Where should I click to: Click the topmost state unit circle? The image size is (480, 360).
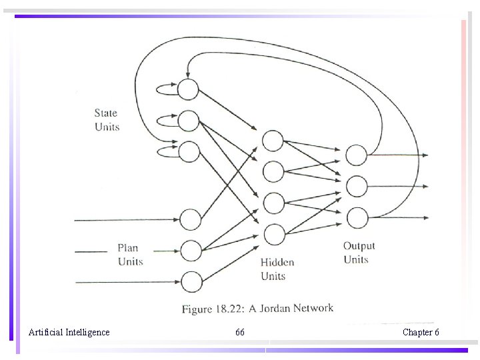[x=189, y=88]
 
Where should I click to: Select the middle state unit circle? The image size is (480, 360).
[x=189, y=120]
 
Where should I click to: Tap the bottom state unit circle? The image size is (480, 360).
[x=189, y=151]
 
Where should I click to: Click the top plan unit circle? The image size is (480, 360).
[x=191, y=219]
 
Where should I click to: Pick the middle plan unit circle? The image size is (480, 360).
[x=191, y=251]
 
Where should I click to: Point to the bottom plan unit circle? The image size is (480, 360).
[x=191, y=282]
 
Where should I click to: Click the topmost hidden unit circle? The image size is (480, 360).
[x=273, y=141]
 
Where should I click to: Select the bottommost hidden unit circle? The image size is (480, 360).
[x=273, y=234]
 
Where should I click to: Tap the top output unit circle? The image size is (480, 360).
[x=357, y=155]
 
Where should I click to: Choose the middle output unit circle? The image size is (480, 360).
[x=357, y=186]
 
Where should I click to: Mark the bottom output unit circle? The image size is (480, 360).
[x=357, y=217]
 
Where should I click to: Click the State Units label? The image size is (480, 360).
[x=107, y=119]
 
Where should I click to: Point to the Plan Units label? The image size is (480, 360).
[x=130, y=255]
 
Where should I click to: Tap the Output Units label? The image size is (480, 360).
[x=359, y=253]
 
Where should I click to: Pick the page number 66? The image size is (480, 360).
[x=240, y=332]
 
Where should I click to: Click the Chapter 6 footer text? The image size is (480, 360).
[x=421, y=332]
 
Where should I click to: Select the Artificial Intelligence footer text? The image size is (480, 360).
[x=69, y=332]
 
